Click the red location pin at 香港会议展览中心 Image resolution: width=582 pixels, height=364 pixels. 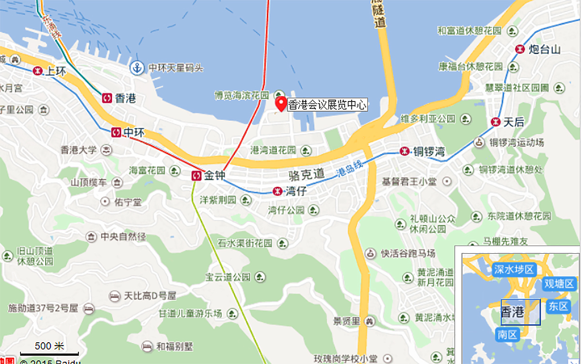tap(281, 103)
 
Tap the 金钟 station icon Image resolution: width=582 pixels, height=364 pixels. tap(197, 176)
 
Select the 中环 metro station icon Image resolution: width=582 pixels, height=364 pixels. tap(116, 132)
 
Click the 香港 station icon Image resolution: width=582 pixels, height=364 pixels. tap(107, 99)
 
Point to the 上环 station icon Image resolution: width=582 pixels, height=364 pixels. tap(37, 71)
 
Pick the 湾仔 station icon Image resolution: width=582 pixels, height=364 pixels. tap(277, 191)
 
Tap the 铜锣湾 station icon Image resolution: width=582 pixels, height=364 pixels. tap(404, 151)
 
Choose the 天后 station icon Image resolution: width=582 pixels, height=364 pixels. tap(495, 122)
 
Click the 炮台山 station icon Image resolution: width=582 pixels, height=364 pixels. tap(520, 49)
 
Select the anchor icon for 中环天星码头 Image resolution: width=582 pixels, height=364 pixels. tap(137, 68)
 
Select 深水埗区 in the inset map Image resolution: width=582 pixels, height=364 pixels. tap(514, 269)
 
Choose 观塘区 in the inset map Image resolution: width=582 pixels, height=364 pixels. tap(559, 283)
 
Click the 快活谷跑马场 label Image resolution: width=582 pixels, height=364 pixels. tap(407, 253)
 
